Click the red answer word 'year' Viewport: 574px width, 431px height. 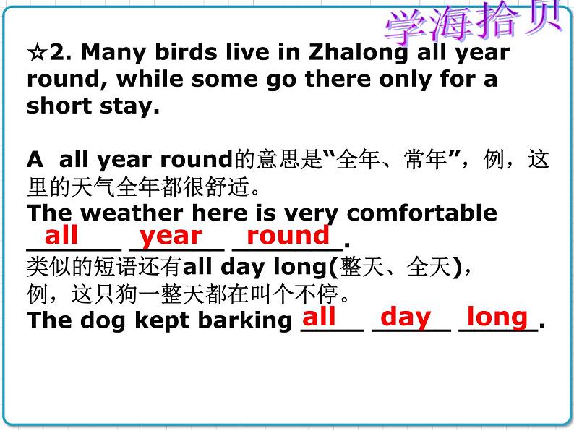[171, 235]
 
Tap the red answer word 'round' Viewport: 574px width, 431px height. [288, 235]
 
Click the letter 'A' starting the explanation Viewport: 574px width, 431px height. [34, 159]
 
